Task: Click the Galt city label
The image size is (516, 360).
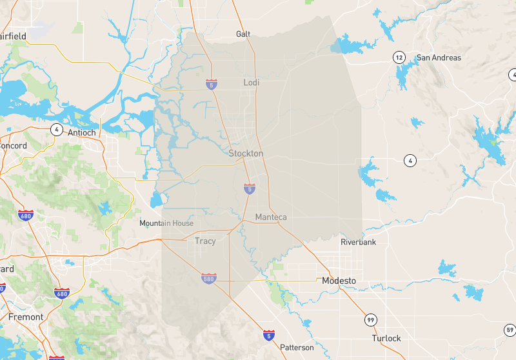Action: [243, 34]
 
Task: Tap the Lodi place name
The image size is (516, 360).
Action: [252, 82]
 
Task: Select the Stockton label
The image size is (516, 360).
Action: [246, 154]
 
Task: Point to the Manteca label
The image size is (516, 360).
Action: [271, 217]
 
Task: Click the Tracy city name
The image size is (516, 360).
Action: [205, 241]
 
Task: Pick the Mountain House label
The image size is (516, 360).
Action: [166, 223]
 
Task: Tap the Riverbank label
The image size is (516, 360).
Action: [358, 242]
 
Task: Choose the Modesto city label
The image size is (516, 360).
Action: [339, 281]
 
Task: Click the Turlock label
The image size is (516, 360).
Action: [386, 338]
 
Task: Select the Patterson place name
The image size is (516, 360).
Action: [297, 347]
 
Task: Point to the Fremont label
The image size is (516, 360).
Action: [26, 317]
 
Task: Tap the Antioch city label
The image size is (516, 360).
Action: [81, 133]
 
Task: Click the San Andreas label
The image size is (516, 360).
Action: [439, 57]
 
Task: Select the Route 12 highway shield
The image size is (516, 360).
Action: [400, 57]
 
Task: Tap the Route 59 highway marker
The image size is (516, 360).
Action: [510, 330]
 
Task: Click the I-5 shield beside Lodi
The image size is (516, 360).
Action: [212, 84]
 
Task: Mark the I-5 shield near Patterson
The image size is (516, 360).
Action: [268, 335]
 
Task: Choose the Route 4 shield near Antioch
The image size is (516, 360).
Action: [57, 129]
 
